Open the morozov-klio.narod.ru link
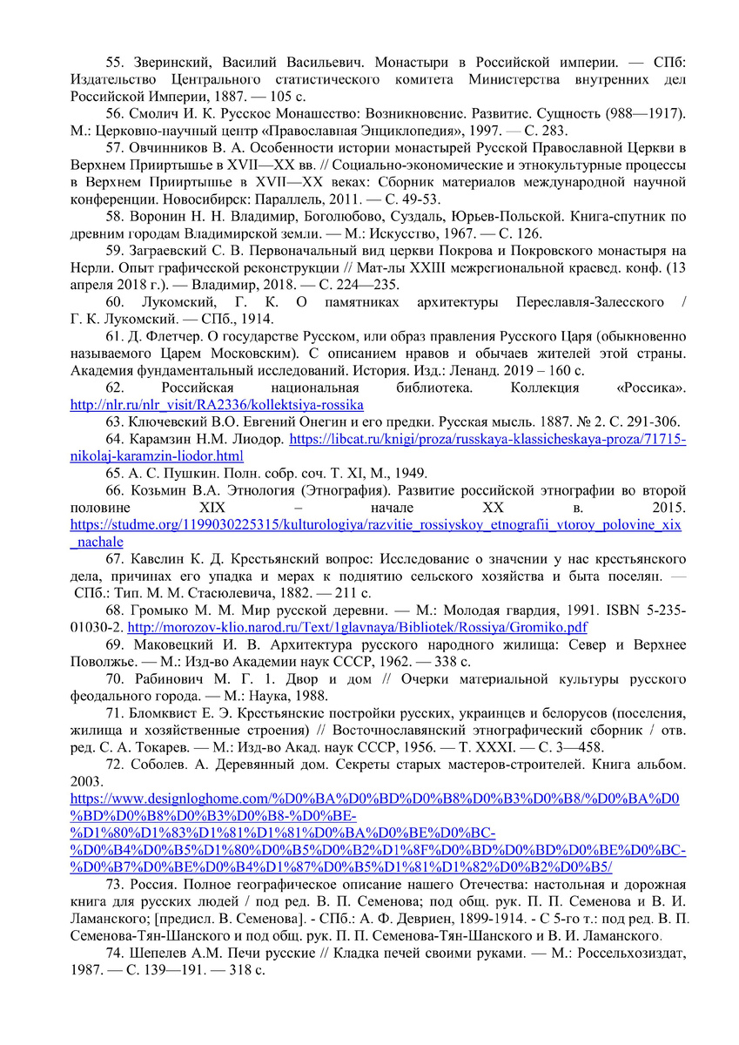point(357,626)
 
